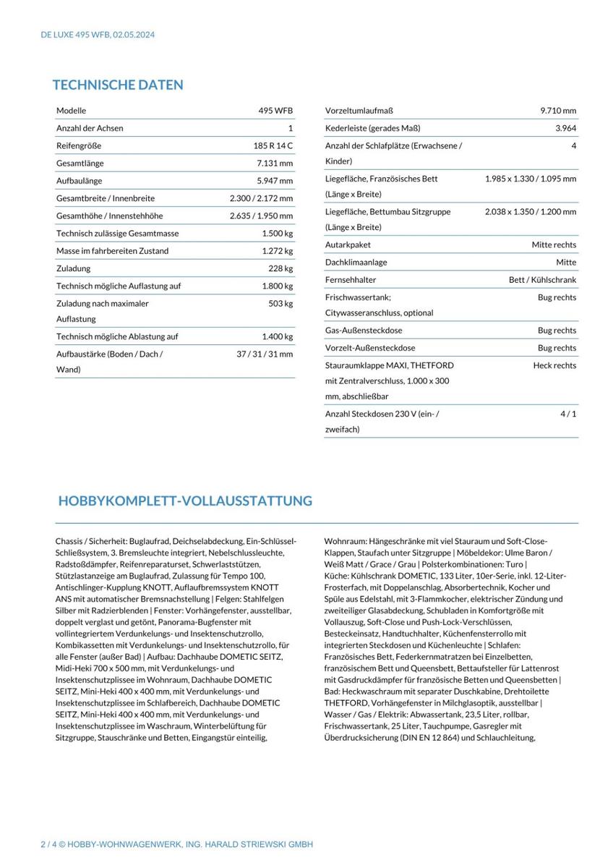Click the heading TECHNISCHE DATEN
pyautogui.click(x=118, y=85)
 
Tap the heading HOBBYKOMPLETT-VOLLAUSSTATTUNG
pyautogui.click(x=185, y=501)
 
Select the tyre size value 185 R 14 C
pyautogui.click(x=267, y=145)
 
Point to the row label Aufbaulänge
pyautogui.click(x=79, y=181)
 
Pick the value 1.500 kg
pyautogui.click(x=278, y=234)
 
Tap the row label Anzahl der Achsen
pyautogui.click(x=90, y=128)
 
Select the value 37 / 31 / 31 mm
pyautogui.click(x=265, y=354)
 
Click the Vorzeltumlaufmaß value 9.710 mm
pyautogui.click(x=558, y=111)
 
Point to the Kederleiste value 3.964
pyautogui.click(x=565, y=128)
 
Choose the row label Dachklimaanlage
pyautogui.click(x=356, y=263)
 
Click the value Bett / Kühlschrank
pyautogui.click(x=542, y=280)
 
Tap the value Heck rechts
pyautogui.click(x=554, y=365)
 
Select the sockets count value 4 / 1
pyautogui.click(x=567, y=413)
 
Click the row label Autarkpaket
pyautogui.click(x=348, y=245)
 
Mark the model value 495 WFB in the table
pyautogui.click(x=275, y=111)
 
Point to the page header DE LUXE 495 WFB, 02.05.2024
pyautogui.click(x=98, y=34)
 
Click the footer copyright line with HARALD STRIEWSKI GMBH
pyautogui.click(x=176, y=845)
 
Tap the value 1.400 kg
pyautogui.click(x=278, y=336)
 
